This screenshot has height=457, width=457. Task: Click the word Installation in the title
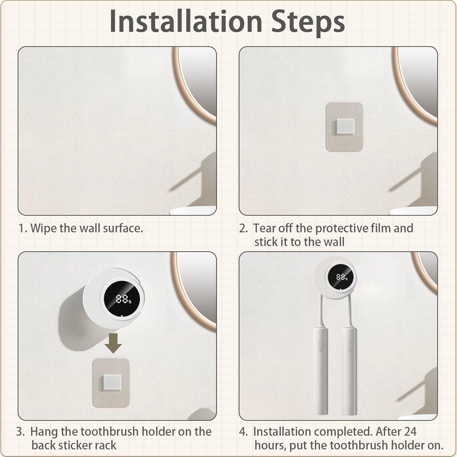pos(186,21)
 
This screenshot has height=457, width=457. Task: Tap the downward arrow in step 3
pos(113,343)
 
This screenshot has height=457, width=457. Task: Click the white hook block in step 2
pos(345,126)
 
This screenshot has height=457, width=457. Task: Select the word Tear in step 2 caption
pos(264,228)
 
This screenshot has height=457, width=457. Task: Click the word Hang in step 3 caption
pos(44,432)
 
